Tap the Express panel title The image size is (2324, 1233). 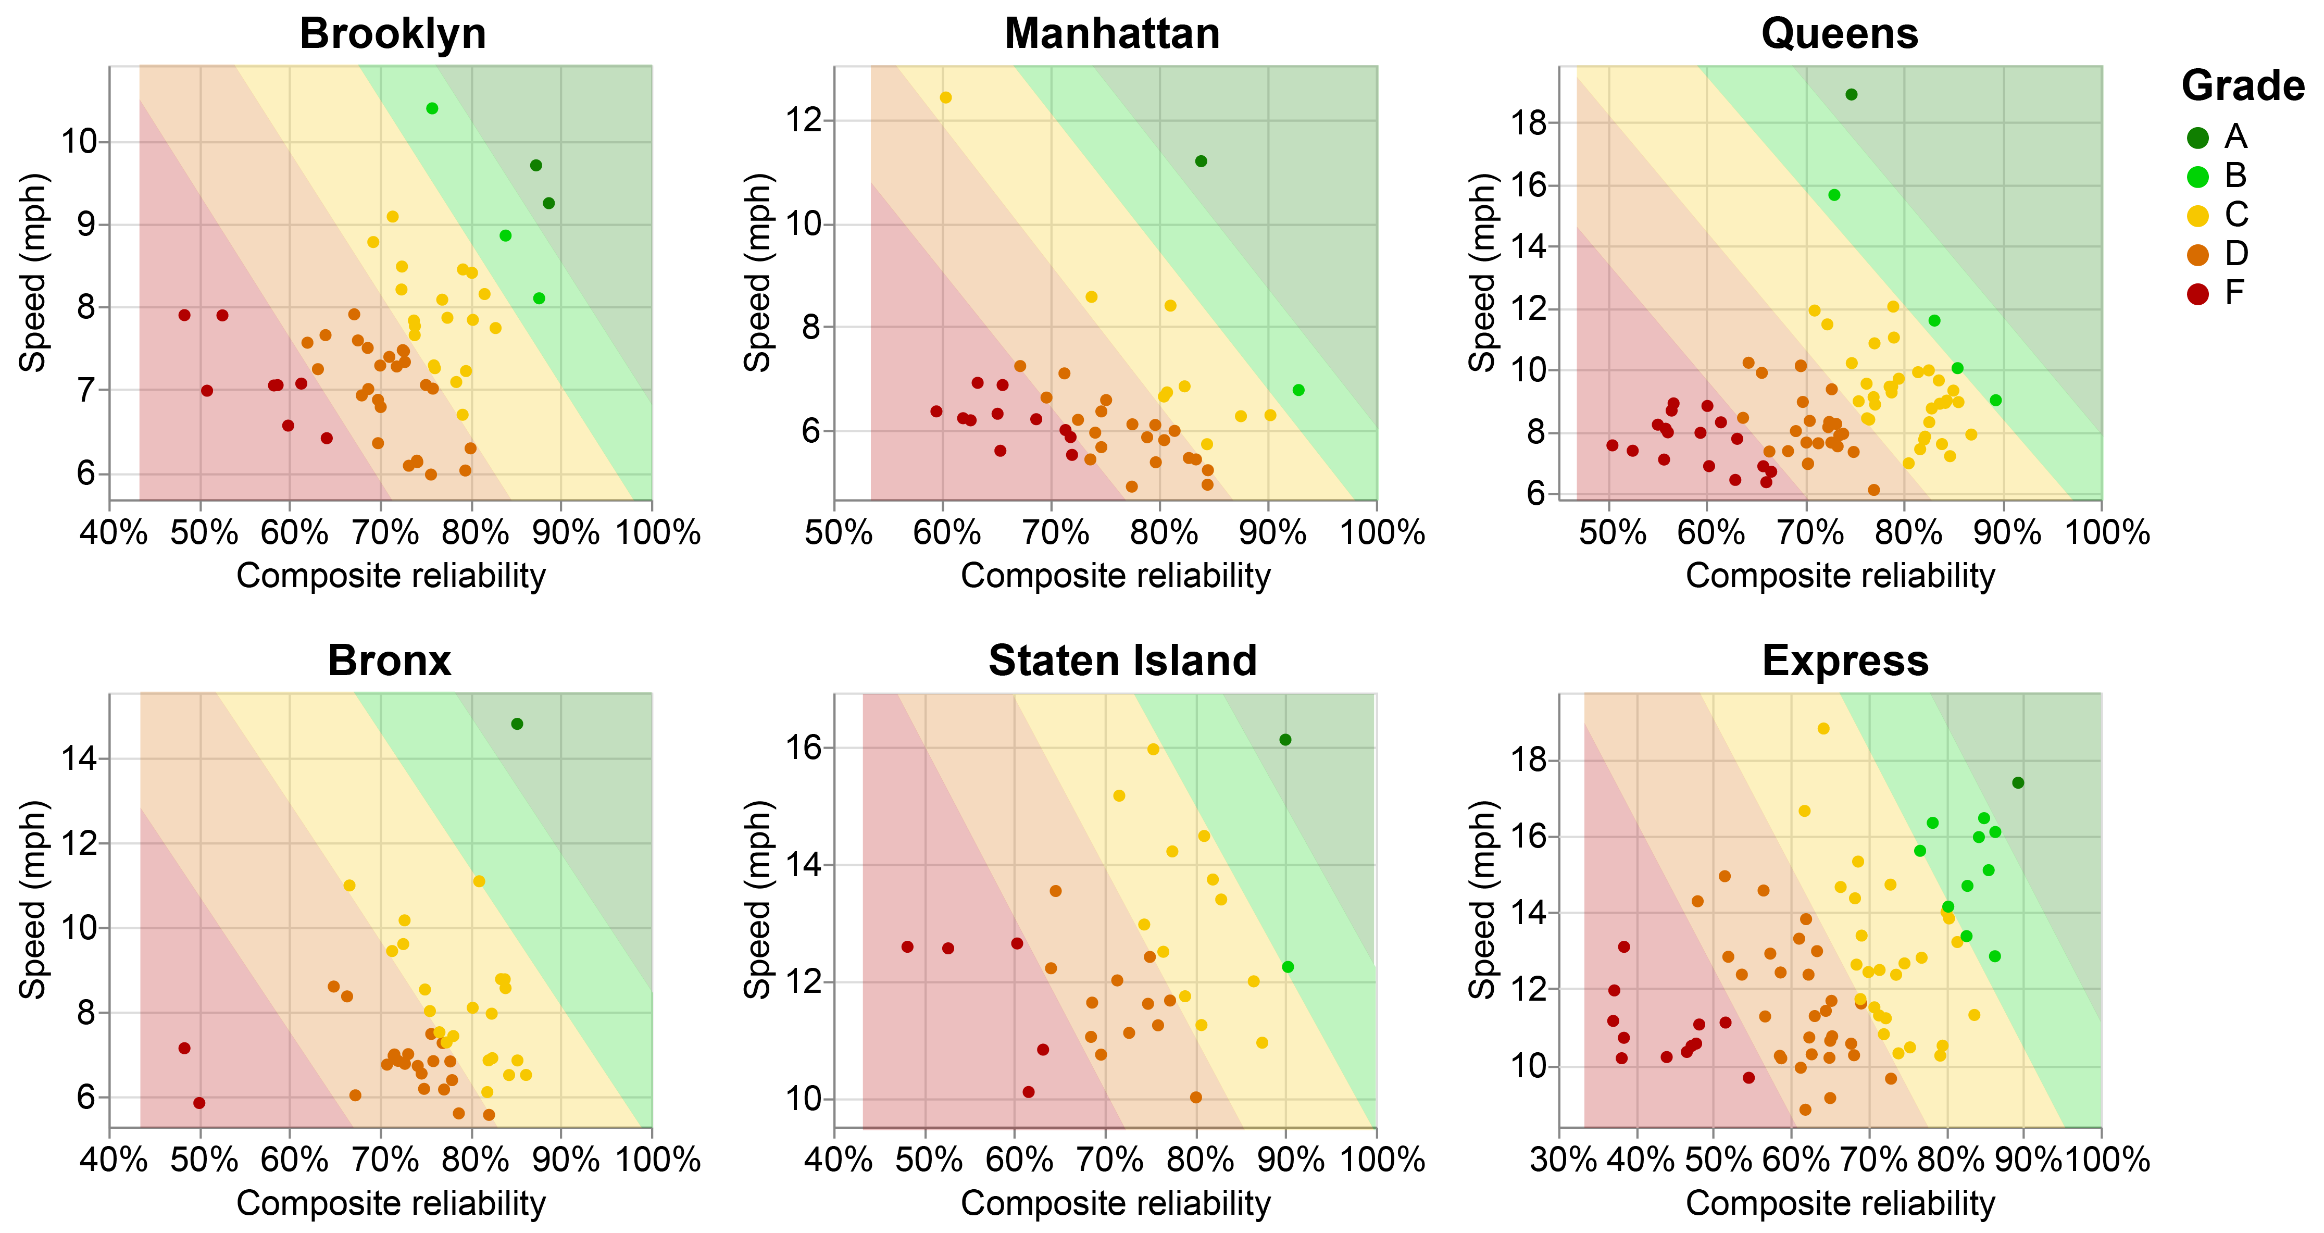[1845, 661]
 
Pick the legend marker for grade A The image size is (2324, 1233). [2198, 137]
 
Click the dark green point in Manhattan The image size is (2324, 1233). [1201, 161]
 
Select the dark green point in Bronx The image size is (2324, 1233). [517, 724]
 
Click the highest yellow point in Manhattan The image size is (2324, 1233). [945, 97]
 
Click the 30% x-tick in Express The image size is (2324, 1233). [1563, 1160]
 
